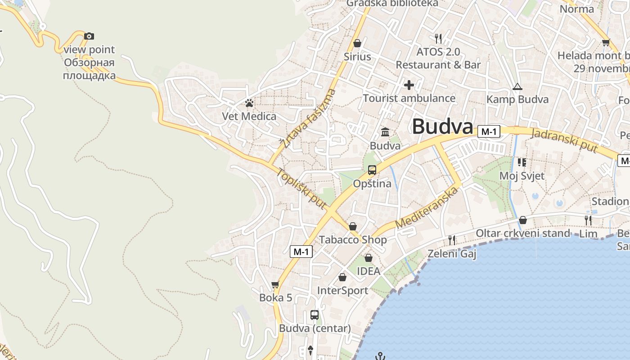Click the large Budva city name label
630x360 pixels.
point(442,126)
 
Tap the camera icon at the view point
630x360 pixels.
point(89,36)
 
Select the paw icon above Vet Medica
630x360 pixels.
point(249,103)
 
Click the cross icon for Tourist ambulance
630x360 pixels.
point(409,85)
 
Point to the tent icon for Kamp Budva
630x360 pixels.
point(517,86)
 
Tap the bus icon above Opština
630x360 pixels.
point(372,170)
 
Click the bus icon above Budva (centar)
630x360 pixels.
point(315,315)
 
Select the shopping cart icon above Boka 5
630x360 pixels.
point(275,285)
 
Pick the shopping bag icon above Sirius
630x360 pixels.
point(357,43)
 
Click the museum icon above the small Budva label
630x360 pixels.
point(385,132)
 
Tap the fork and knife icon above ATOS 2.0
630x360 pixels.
point(438,39)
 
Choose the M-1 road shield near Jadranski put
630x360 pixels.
point(489,131)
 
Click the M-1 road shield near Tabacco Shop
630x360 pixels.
point(301,252)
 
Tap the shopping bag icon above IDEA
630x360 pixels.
point(368,258)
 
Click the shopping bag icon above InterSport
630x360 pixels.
point(342,277)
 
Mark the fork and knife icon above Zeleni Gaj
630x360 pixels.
point(452,240)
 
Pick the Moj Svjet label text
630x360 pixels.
point(522,175)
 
